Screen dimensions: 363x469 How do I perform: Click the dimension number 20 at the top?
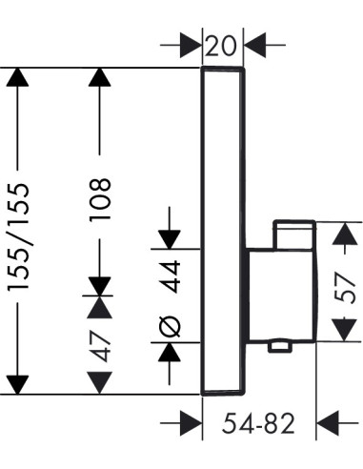[221, 46]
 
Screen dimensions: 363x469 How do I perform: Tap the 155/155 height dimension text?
[19, 236]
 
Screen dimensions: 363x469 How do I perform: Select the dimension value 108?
[100, 199]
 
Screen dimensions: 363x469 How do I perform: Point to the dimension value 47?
[100, 346]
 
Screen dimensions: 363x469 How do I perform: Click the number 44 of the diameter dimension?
[170, 276]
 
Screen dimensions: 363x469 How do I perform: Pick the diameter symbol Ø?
[170, 326]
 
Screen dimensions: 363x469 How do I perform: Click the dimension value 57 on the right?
[344, 288]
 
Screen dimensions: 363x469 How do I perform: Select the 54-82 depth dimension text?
[258, 423]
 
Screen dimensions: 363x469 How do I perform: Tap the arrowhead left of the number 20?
[192, 45]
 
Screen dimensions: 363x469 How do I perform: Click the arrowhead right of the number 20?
[254, 45]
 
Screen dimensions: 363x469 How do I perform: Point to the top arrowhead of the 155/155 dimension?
[17, 77]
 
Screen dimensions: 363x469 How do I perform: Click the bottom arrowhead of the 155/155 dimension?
[17, 385]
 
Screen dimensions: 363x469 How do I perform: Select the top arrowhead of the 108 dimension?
[100, 77]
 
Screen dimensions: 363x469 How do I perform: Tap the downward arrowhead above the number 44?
[170, 239]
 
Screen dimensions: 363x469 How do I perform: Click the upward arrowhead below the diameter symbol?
[170, 352]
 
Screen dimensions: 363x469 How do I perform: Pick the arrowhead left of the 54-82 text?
[192, 423]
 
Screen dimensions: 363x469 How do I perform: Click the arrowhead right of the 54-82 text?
[328, 423]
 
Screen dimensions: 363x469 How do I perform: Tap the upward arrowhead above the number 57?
[345, 234]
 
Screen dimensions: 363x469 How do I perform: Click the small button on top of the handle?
[294, 234]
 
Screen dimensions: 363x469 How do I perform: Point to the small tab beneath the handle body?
[280, 346]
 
